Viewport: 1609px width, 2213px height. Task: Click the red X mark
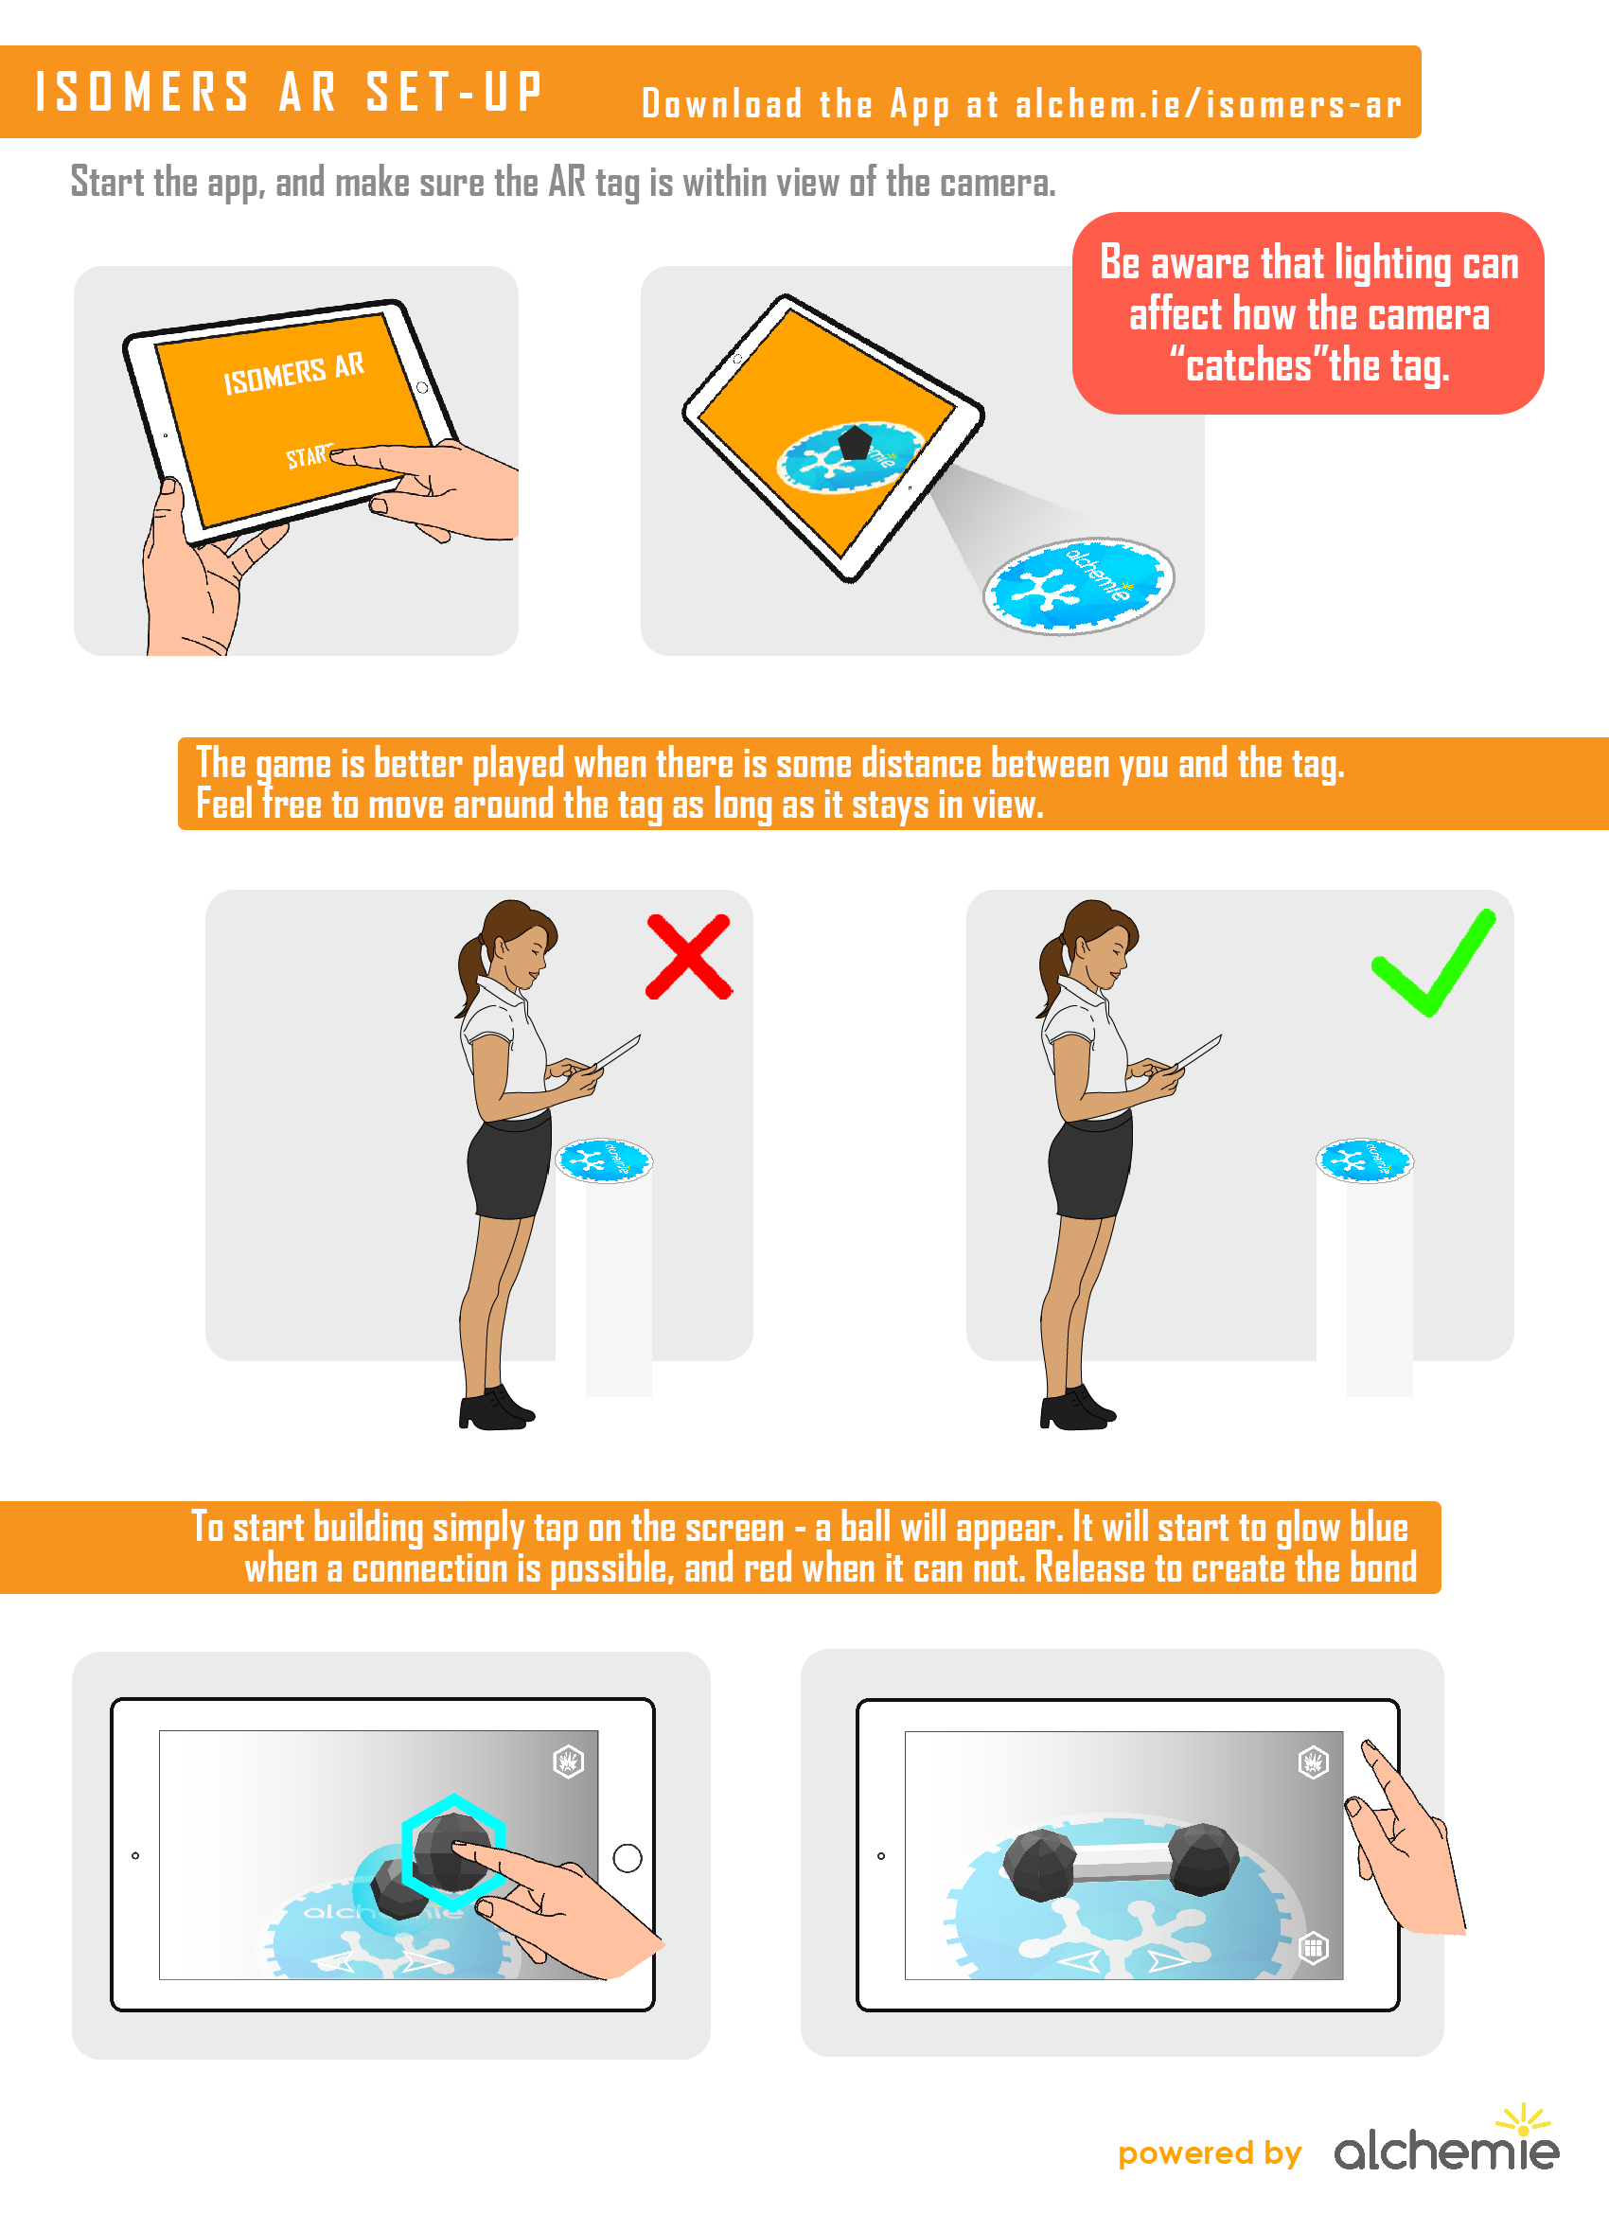point(689,957)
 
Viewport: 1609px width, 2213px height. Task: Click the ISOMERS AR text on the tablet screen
point(292,373)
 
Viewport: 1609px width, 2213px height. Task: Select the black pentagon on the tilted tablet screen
point(854,442)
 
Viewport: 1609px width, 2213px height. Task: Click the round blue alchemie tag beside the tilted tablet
point(1078,586)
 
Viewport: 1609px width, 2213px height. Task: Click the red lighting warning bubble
point(1307,313)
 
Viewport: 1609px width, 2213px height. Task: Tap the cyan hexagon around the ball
point(452,1851)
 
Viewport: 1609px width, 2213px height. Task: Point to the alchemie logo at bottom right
point(1446,2148)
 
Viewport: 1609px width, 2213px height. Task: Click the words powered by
point(1209,2153)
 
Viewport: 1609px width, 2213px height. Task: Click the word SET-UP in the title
point(453,93)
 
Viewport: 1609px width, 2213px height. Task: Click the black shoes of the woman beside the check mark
point(1075,1409)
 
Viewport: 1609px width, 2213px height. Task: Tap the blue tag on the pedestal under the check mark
point(1364,1160)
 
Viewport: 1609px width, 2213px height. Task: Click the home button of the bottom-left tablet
point(627,1858)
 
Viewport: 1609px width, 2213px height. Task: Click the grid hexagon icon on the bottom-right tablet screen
point(1314,1949)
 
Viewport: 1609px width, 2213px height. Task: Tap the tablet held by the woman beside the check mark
point(1198,1052)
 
